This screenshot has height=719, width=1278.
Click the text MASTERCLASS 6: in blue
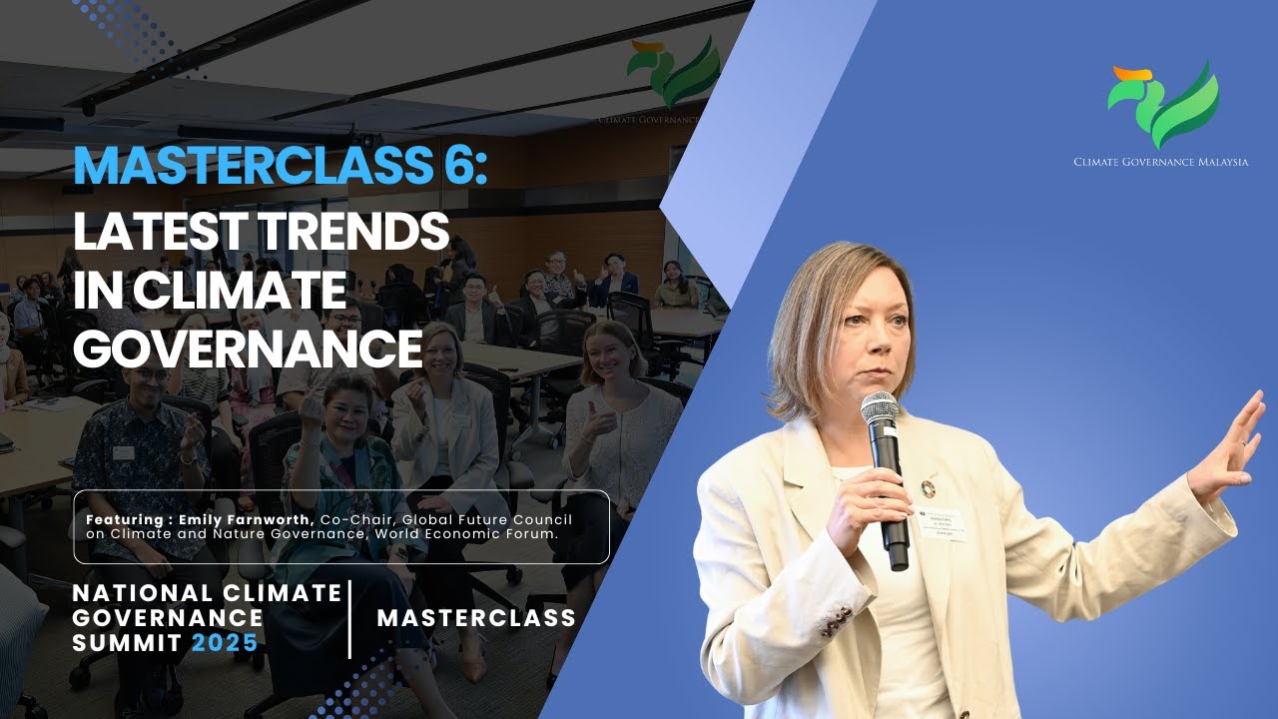tap(281, 166)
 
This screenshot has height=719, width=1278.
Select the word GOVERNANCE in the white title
tap(248, 349)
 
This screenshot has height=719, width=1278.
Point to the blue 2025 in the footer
tap(225, 643)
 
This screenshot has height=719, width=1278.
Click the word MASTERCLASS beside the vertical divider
tap(476, 618)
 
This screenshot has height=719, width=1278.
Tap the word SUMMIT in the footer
tap(126, 643)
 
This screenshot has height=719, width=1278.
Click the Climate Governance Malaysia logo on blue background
tap(1163, 105)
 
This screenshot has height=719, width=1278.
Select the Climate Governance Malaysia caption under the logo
tap(1160, 162)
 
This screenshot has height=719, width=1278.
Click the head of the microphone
tap(880, 409)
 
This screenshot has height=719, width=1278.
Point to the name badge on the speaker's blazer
tap(941, 524)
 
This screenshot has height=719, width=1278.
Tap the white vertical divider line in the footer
tap(350, 619)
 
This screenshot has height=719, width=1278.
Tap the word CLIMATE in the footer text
tap(281, 593)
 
